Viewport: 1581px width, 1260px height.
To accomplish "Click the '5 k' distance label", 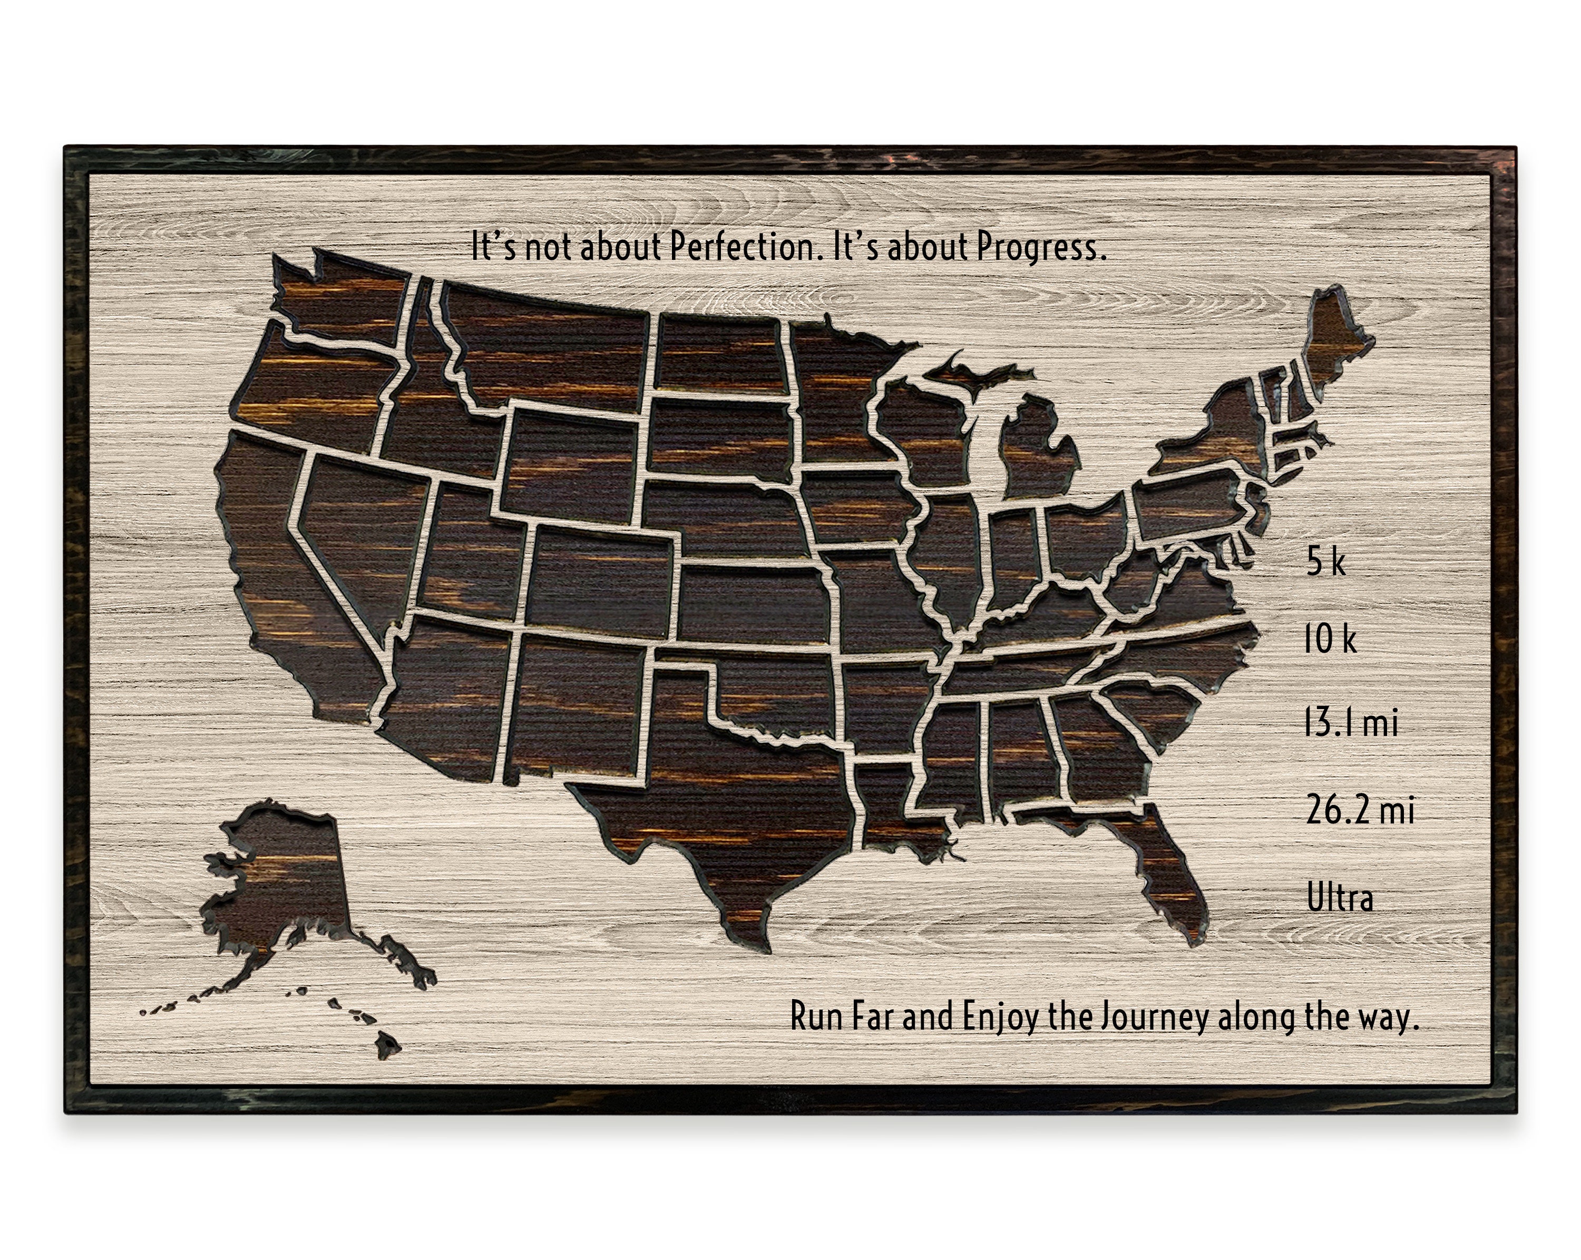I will [x=1326, y=562].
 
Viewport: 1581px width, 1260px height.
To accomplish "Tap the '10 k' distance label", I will [x=1330, y=639].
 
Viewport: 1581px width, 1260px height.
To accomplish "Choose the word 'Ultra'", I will [x=1340, y=898].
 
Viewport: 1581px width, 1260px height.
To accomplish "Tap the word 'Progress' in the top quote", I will [x=1040, y=248].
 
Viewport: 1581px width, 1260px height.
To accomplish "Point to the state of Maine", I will [x=1334, y=345].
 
